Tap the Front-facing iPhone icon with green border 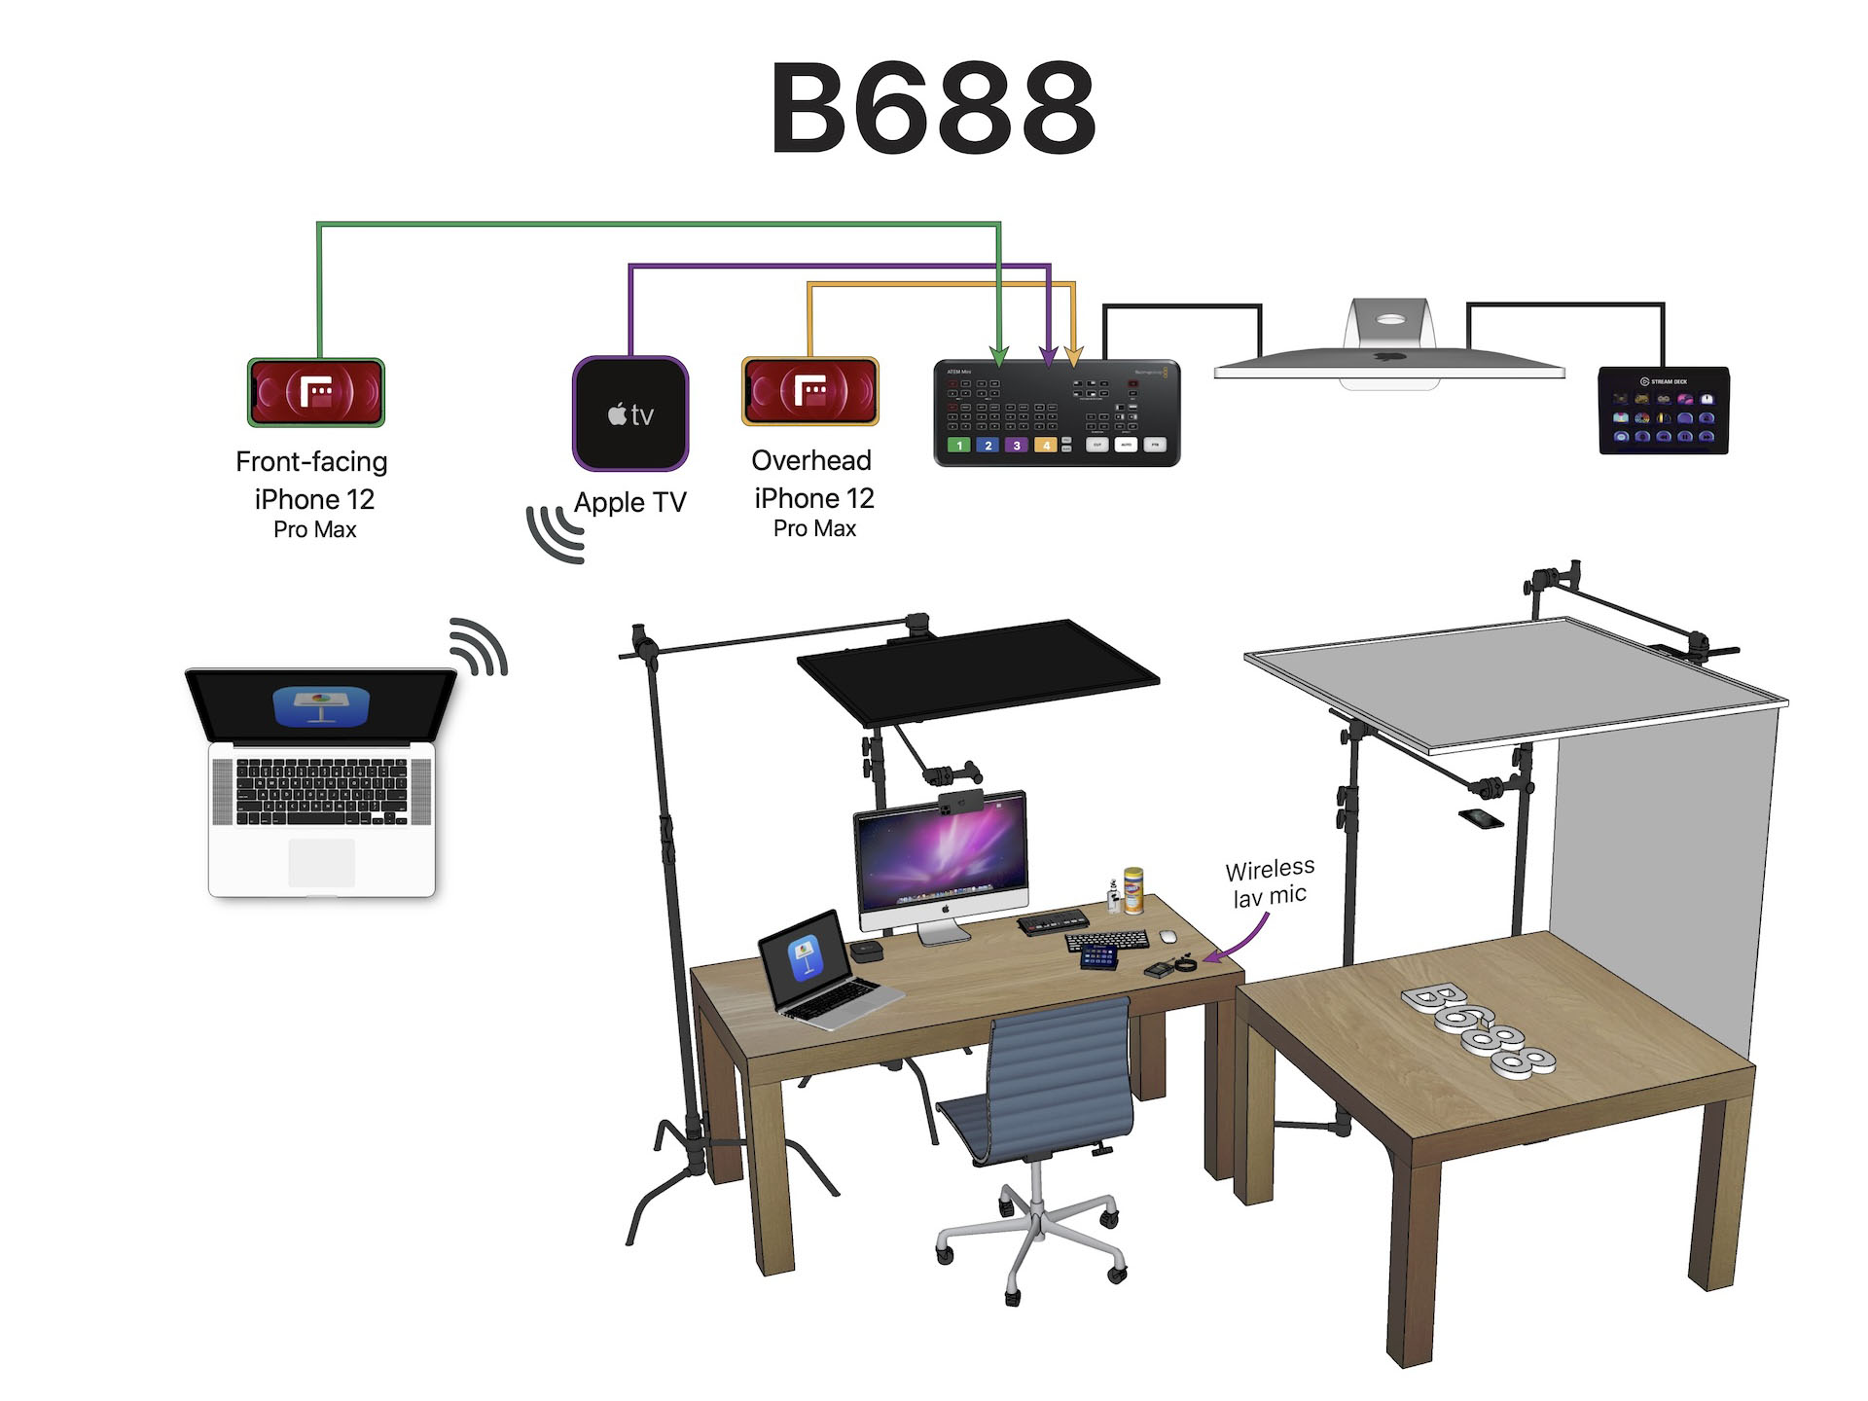(316, 392)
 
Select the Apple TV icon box (630, 413)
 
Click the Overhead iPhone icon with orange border (810, 391)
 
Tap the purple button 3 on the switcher (1017, 446)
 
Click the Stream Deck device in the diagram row (1664, 411)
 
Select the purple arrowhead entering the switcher (1048, 357)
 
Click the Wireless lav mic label (1270, 881)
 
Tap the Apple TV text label (630, 502)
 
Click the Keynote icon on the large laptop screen (321, 706)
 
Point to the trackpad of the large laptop (321, 862)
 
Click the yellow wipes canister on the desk (1132, 890)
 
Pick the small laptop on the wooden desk (822, 973)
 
